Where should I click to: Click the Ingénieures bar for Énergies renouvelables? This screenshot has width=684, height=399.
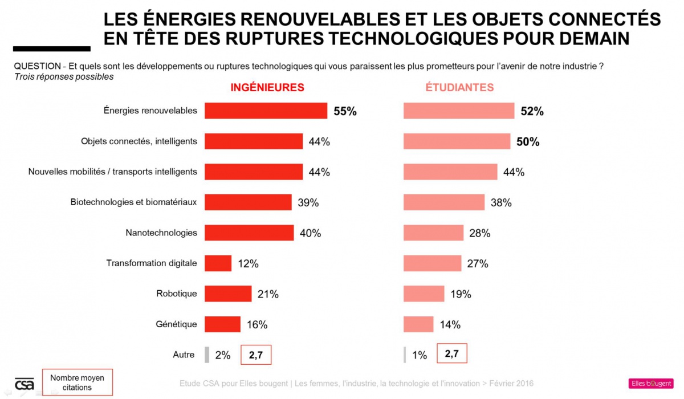(266, 111)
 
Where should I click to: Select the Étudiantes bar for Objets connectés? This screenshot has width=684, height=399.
(457, 141)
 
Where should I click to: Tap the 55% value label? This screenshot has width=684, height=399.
(345, 111)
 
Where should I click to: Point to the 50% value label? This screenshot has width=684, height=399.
(528, 142)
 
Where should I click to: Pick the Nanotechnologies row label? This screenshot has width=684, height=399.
(161, 233)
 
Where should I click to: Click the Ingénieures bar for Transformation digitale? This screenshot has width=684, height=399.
(218, 263)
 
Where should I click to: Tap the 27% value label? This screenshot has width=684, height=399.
(478, 264)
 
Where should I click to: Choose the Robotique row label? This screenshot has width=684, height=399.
(177, 294)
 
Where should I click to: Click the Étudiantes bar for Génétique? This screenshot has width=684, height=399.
(418, 324)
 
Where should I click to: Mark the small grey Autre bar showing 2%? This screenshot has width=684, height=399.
(207, 355)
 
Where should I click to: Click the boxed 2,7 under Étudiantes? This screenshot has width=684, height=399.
(452, 354)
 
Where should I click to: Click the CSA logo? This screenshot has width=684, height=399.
(25, 384)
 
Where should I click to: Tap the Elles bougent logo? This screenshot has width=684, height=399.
(650, 384)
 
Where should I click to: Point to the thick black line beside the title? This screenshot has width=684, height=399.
(52, 49)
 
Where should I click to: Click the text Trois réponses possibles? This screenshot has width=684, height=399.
(64, 77)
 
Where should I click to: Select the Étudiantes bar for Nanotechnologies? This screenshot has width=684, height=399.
(433, 233)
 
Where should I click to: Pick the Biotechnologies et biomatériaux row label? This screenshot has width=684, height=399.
(134, 202)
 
